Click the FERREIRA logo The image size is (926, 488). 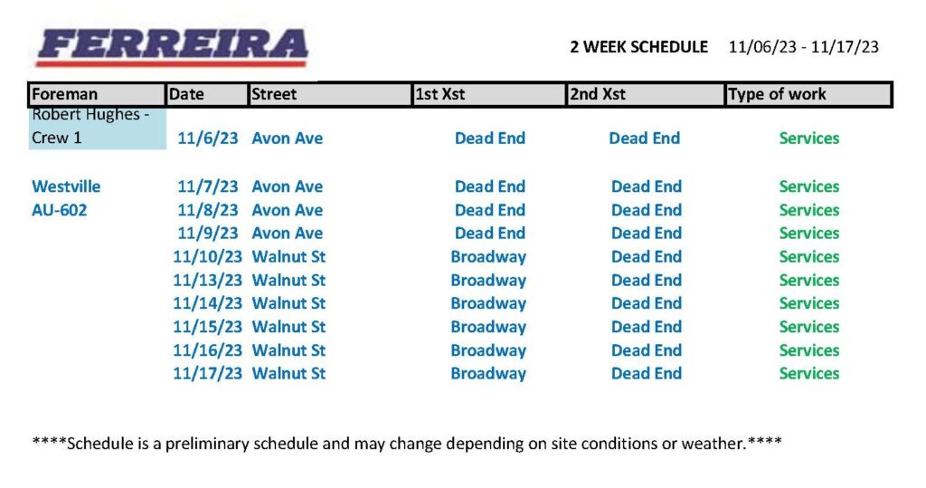click(172, 47)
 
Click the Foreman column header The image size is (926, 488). click(64, 94)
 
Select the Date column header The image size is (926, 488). click(186, 94)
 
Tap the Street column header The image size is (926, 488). click(274, 94)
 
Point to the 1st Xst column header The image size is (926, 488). click(440, 94)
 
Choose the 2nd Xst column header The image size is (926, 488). click(597, 94)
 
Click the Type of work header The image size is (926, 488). click(777, 94)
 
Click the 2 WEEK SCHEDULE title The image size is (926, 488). click(639, 47)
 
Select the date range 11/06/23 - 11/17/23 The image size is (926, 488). click(804, 47)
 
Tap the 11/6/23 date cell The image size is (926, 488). click(208, 139)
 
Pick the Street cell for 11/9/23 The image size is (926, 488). click(287, 233)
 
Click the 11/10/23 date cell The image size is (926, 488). click(207, 257)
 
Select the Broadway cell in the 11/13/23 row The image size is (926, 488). click(488, 281)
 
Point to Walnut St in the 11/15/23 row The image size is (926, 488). click(288, 327)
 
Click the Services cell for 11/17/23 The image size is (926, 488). click(809, 373)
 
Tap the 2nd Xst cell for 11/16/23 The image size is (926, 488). click(647, 350)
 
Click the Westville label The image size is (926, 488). click(66, 187)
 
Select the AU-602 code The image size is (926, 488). click(59, 210)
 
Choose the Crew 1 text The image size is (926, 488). click(57, 138)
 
